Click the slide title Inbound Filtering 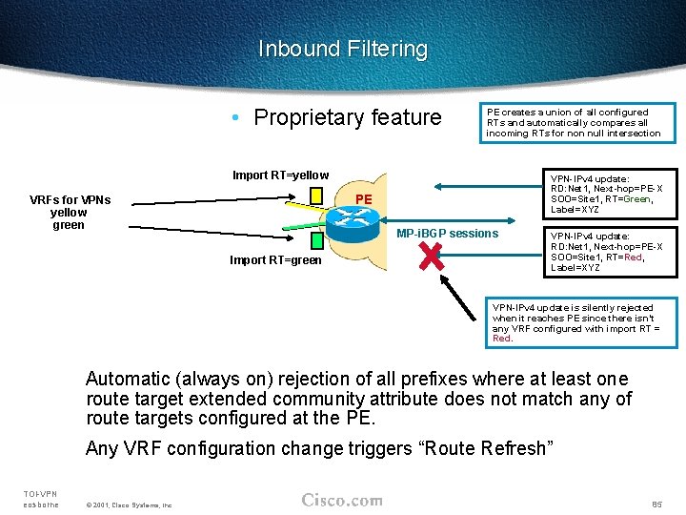pyautogui.click(x=343, y=49)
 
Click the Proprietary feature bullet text pyautogui.click(x=347, y=117)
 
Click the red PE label pyautogui.click(x=363, y=198)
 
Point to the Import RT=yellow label pyautogui.click(x=280, y=175)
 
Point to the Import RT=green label pyautogui.click(x=275, y=260)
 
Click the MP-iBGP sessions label pyautogui.click(x=447, y=234)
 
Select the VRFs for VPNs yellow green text pyautogui.click(x=70, y=212)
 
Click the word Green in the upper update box pyautogui.click(x=638, y=199)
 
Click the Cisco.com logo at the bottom pyautogui.click(x=342, y=500)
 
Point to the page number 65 pyautogui.click(x=656, y=503)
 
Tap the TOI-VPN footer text pyautogui.click(x=40, y=493)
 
